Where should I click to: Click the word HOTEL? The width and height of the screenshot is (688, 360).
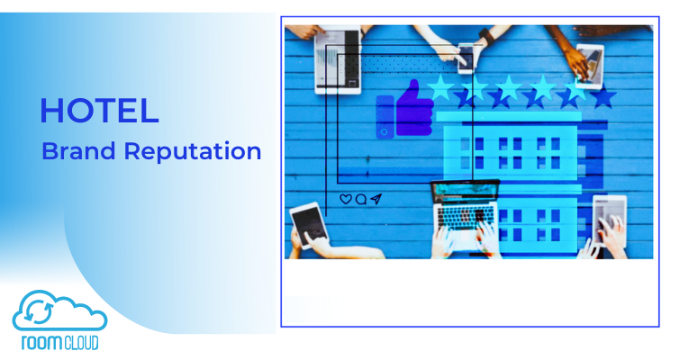pyautogui.click(x=99, y=111)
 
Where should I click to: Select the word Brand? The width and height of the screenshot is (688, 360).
pyautogui.click(x=78, y=151)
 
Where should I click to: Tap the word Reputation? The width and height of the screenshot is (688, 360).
pyautogui.click(x=193, y=152)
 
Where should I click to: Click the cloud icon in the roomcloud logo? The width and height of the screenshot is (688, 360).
pyautogui.click(x=59, y=310)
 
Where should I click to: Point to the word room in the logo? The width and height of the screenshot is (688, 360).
pyautogui.click(x=41, y=343)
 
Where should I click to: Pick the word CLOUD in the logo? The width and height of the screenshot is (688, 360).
pyautogui.click(x=81, y=343)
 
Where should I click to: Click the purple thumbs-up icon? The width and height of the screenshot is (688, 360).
pyautogui.click(x=414, y=108)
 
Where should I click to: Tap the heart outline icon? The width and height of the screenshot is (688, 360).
pyautogui.click(x=346, y=199)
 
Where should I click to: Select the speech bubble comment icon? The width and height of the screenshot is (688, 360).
pyautogui.click(x=361, y=200)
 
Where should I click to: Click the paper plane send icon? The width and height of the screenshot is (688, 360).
pyautogui.click(x=376, y=199)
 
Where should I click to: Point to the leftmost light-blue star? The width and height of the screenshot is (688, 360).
pyautogui.click(x=440, y=86)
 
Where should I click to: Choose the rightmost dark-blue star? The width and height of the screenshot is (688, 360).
pyautogui.click(x=603, y=96)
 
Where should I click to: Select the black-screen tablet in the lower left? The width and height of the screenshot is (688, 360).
pyautogui.click(x=310, y=226)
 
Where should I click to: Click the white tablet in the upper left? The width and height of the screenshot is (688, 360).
pyautogui.click(x=339, y=61)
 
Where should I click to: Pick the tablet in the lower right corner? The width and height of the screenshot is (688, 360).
pyautogui.click(x=610, y=220)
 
